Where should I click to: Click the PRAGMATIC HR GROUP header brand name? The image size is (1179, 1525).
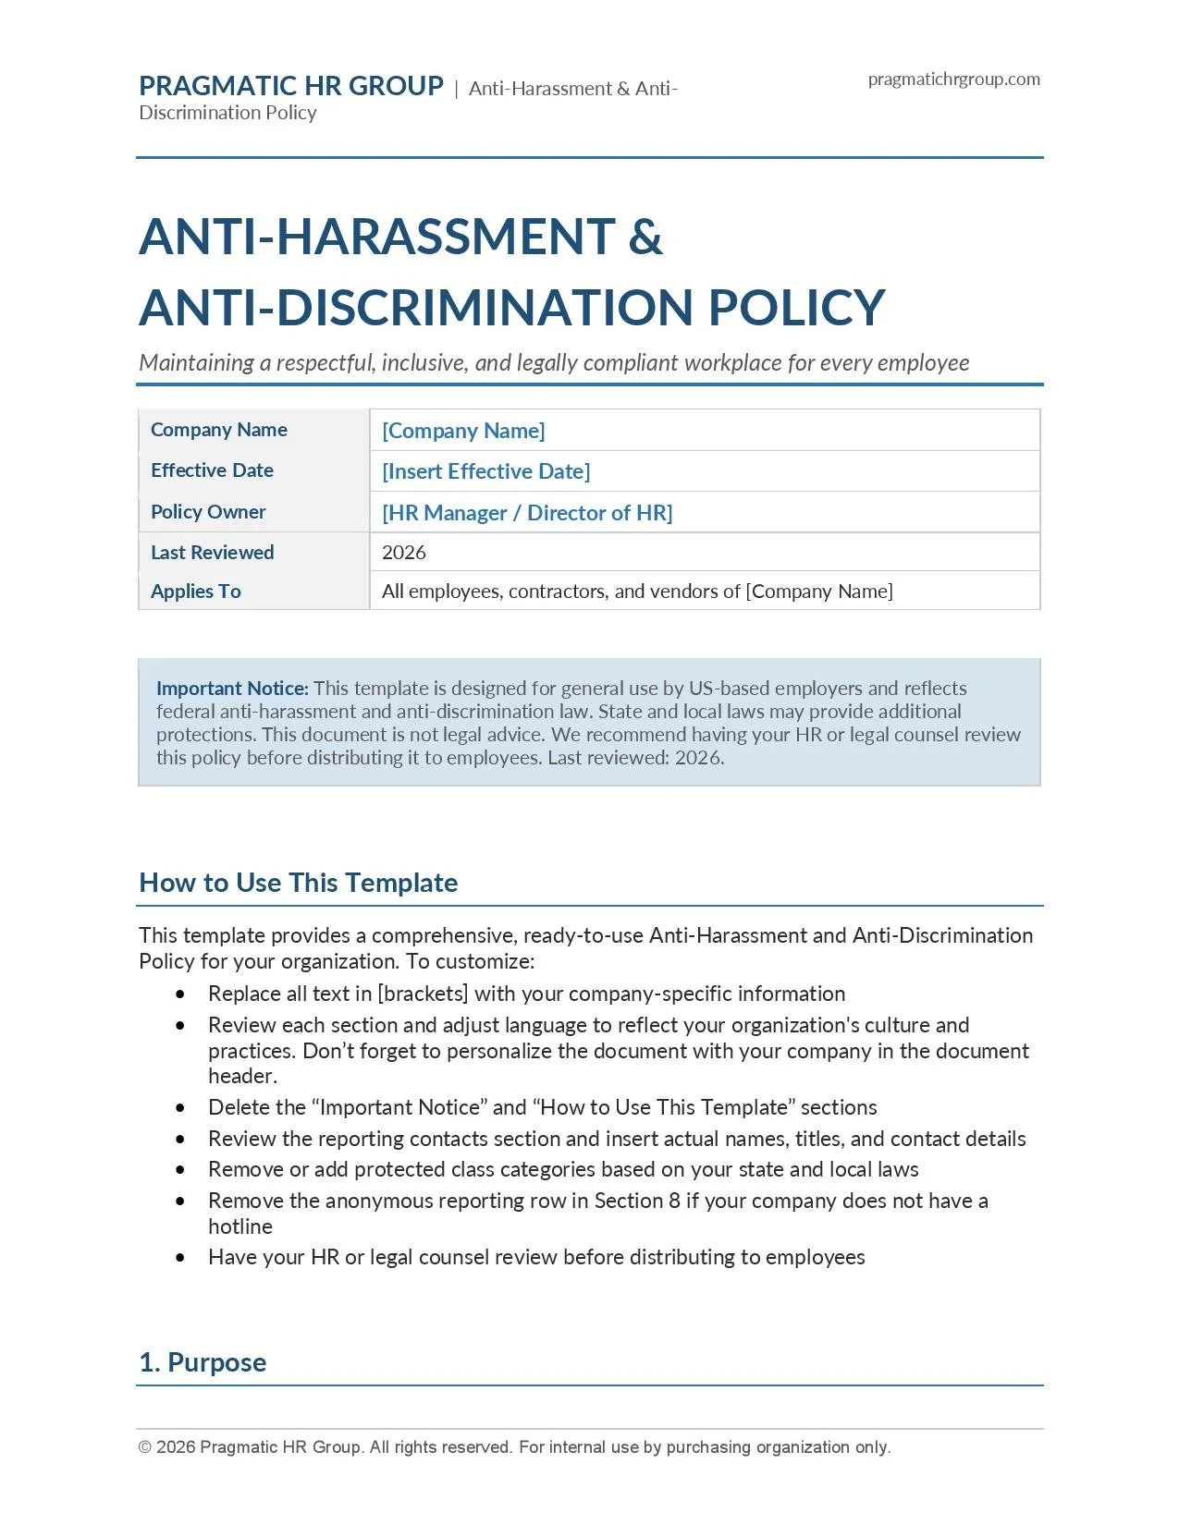tap(290, 86)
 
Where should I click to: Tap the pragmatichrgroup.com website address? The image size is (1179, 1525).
tap(953, 79)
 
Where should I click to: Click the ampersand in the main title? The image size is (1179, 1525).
tap(645, 237)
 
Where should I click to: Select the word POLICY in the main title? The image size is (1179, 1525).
tap(796, 308)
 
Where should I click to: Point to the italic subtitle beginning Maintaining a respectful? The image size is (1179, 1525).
tap(553, 362)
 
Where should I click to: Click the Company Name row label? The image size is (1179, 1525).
tap(218, 430)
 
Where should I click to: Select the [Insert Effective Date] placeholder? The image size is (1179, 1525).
tap(485, 471)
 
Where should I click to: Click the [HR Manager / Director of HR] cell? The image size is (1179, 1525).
tap(527, 513)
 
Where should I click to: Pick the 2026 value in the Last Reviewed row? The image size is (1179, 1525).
tap(403, 553)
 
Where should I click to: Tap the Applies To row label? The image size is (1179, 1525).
tap(195, 592)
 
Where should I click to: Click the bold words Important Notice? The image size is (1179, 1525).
tap(232, 689)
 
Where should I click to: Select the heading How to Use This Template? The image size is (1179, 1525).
tap(298, 883)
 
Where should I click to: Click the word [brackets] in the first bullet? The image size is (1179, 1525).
tap(423, 994)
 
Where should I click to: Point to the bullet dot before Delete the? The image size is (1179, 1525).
tap(180, 1108)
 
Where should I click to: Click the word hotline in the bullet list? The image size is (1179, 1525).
tap(239, 1226)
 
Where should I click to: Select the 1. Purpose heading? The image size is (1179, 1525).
tap(203, 1362)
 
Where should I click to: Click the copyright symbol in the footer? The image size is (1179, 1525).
tap(145, 1447)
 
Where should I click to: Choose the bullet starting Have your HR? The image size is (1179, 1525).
tap(535, 1257)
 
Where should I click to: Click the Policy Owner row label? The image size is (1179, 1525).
tap(208, 512)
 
